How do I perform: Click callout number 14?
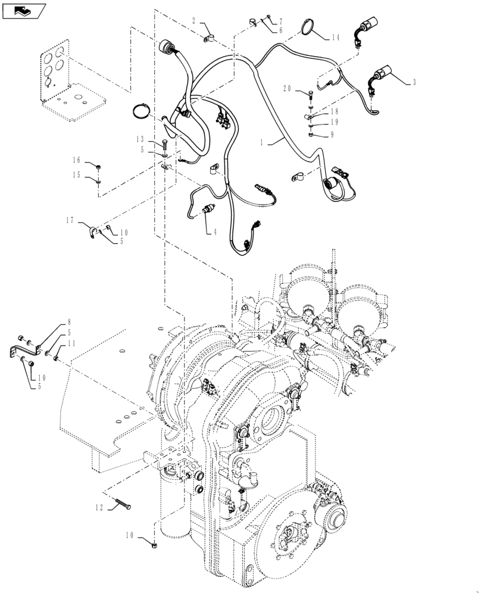click(335, 38)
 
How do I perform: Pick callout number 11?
click(71, 343)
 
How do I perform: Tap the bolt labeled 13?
click(164, 143)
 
